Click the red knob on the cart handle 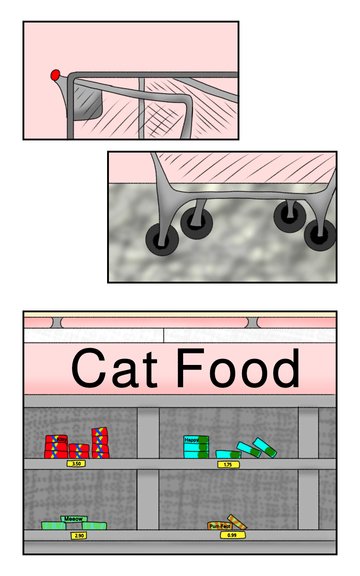tap(55, 75)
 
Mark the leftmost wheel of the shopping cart tap(162, 239)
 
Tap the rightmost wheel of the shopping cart tap(320, 235)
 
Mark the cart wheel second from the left tap(197, 223)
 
